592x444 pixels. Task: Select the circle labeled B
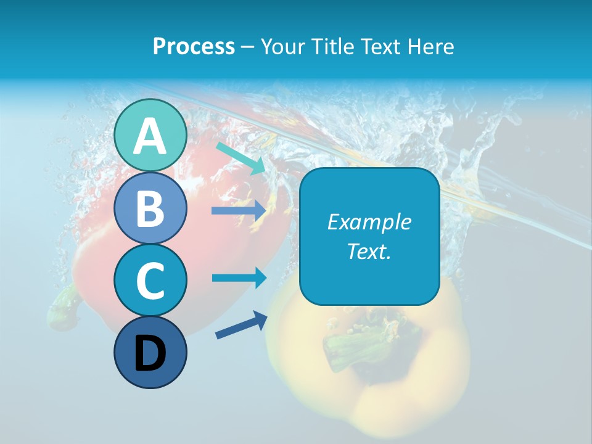[x=150, y=208]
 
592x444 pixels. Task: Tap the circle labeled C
[x=150, y=280]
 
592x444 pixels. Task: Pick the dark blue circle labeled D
[x=150, y=353]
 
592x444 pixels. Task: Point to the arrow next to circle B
[x=239, y=211]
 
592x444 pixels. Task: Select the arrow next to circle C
[x=239, y=277]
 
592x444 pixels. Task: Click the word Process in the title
[x=194, y=47]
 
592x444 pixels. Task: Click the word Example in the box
[x=369, y=222]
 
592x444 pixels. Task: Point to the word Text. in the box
[x=369, y=251]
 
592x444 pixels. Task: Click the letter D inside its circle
[x=150, y=354]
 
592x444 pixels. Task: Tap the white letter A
[x=150, y=136]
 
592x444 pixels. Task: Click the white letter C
[x=150, y=281]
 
